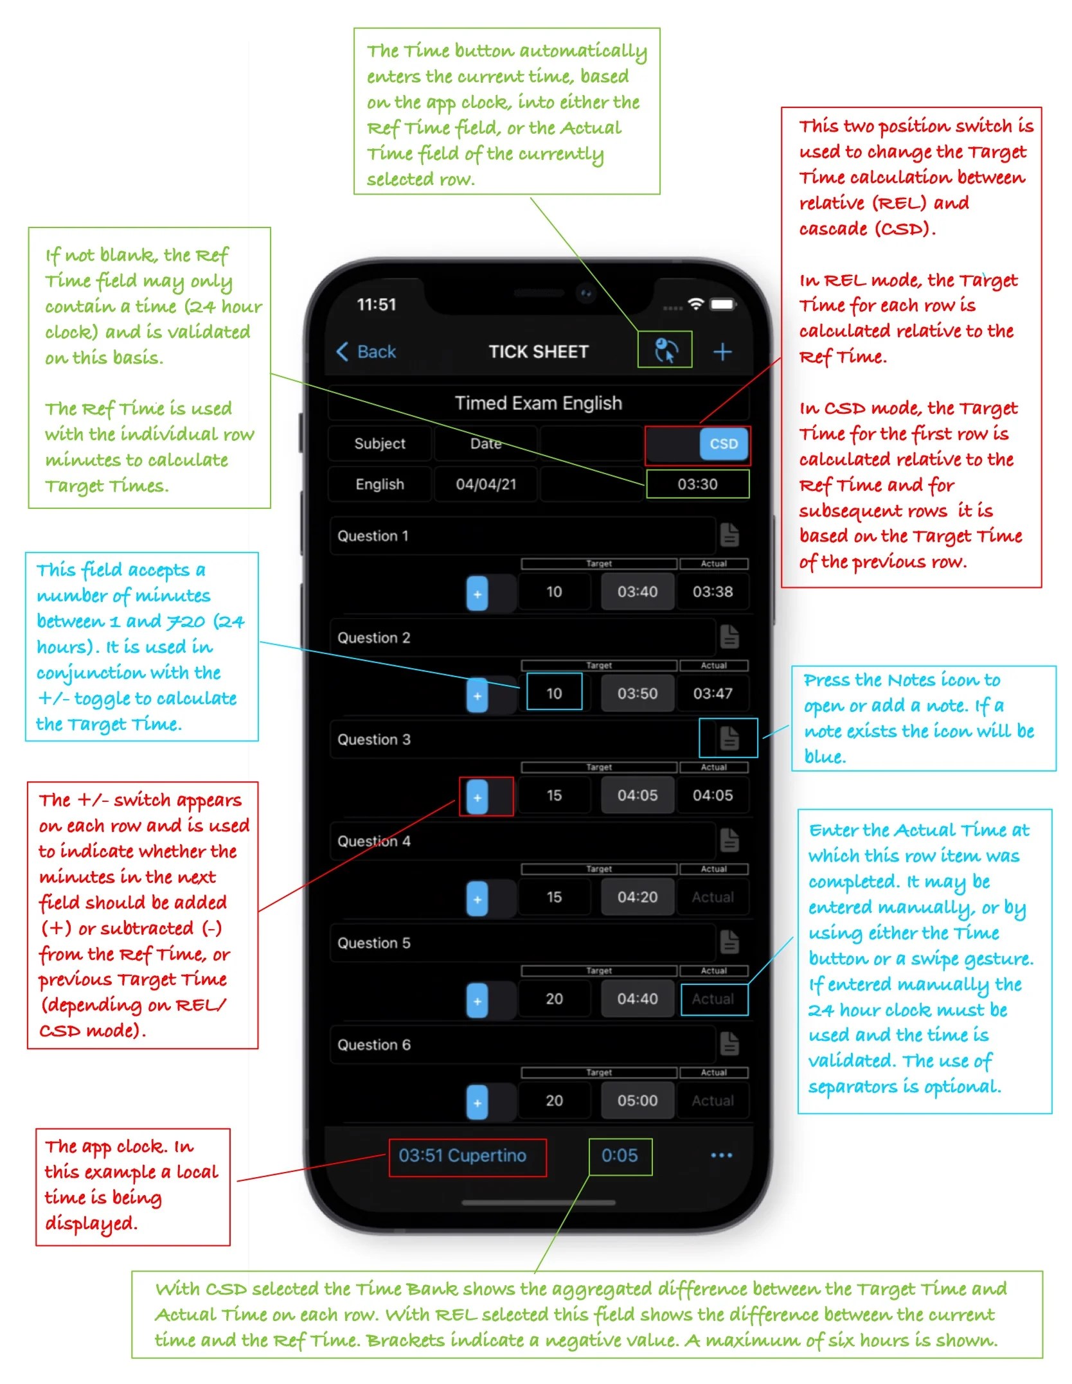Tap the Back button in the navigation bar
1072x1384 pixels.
pyautogui.click(x=366, y=351)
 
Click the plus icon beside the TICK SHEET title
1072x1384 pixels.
pyautogui.click(x=722, y=351)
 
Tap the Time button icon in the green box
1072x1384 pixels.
pyautogui.click(x=665, y=350)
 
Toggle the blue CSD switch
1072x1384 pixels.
pyautogui.click(x=723, y=444)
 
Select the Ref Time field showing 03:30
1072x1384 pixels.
pyautogui.click(x=697, y=484)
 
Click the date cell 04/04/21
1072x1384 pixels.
pyautogui.click(x=486, y=484)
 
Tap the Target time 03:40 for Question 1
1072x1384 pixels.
pyautogui.click(x=637, y=592)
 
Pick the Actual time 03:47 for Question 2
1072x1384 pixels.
pyautogui.click(x=712, y=694)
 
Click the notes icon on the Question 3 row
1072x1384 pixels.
pyautogui.click(x=729, y=738)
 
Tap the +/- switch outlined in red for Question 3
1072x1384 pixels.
pyautogui.click(x=478, y=797)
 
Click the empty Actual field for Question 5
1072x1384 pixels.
pyautogui.click(x=713, y=999)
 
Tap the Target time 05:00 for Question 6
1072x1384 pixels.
pyautogui.click(x=637, y=1101)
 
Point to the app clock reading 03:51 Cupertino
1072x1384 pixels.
pyautogui.click(x=463, y=1156)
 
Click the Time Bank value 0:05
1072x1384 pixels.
pyautogui.click(x=620, y=1156)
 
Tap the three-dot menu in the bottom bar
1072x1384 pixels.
pyautogui.click(x=721, y=1156)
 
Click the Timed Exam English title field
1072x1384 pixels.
pyautogui.click(x=539, y=404)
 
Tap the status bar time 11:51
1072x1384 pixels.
pyautogui.click(x=377, y=305)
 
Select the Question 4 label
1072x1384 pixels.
pyautogui.click(x=373, y=841)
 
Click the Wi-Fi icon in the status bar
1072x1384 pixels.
pyautogui.click(x=695, y=304)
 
